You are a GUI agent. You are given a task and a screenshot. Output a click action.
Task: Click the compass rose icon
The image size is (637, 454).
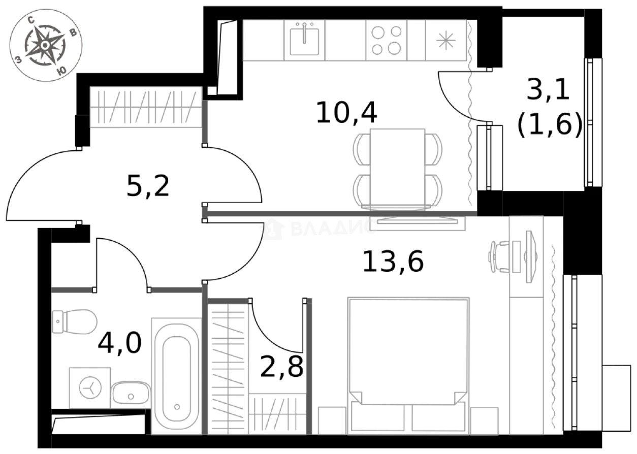click(46, 45)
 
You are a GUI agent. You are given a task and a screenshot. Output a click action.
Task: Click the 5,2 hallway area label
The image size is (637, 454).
click(147, 187)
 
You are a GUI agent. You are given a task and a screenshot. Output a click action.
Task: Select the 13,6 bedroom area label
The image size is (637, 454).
click(392, 262)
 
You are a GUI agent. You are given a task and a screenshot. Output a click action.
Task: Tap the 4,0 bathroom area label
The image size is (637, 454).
click(119, 343)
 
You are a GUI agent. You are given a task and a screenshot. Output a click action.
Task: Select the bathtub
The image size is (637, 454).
click(177, 375)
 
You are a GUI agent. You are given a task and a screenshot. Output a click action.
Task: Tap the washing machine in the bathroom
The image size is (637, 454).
click(90, 388)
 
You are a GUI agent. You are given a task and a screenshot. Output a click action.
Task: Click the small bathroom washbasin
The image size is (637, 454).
click(131, 394)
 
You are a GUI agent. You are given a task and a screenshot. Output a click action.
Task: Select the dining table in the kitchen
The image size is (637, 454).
click(398, 168)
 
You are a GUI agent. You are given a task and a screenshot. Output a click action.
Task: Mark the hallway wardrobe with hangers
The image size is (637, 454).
click(144, 107)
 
